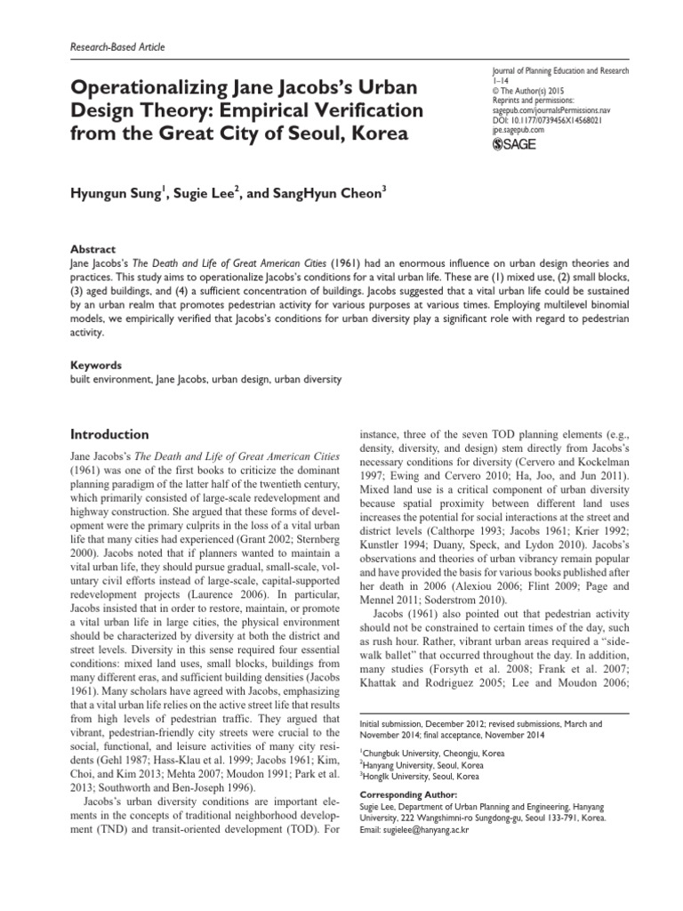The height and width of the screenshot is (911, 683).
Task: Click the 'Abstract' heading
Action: click(92, 251)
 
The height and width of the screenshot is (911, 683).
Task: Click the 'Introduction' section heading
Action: click(109, 435)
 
